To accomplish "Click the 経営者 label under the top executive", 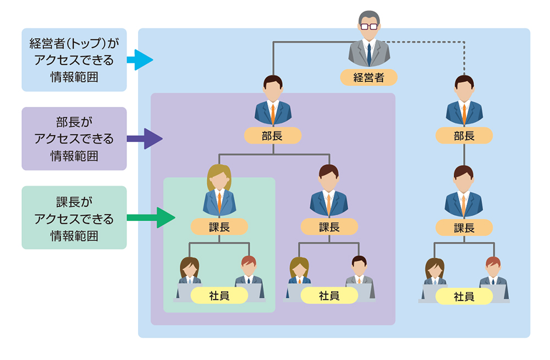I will (x=369, y=77).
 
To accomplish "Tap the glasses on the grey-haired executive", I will (x=369, y=26).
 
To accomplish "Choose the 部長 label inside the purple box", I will (x=273, y=135).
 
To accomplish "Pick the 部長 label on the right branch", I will (x=464, y=135).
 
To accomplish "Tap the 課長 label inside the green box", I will (x=219, y=226).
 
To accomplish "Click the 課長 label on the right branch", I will (x=464, y=226).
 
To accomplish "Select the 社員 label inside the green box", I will (x=219, y=296).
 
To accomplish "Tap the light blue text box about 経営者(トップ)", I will (x=74, y=59).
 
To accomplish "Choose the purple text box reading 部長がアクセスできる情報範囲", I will (x=74, y=138).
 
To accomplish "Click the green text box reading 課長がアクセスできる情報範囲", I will (x=74, y=217).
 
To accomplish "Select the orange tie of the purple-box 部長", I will (x=273, y=112).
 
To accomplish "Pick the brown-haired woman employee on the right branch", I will (x=435, y=270).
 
